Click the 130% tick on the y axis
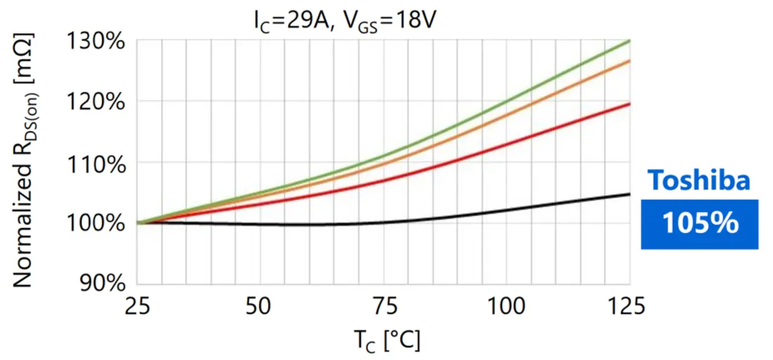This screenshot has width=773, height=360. click(x=96, y=43)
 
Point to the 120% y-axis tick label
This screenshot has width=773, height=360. click(x=96, y=101)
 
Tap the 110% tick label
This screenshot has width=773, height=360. click(x=96, y=163)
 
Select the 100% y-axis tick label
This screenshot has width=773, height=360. click(x=96, y=223)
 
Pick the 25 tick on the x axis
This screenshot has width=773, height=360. click(x=138, y=307)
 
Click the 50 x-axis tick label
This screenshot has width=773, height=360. click(x=260, y=307)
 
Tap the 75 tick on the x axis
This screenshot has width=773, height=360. click(x=383, y=307)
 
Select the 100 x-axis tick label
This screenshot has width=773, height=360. click(x=506, y=307)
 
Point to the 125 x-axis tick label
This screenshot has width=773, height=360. click(x=628, y=307)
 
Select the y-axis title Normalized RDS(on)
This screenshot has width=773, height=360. click(x=24, y=160)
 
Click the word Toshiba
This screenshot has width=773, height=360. click(x=699, y=181)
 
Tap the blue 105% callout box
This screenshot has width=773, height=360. click(x=699, y=223)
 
